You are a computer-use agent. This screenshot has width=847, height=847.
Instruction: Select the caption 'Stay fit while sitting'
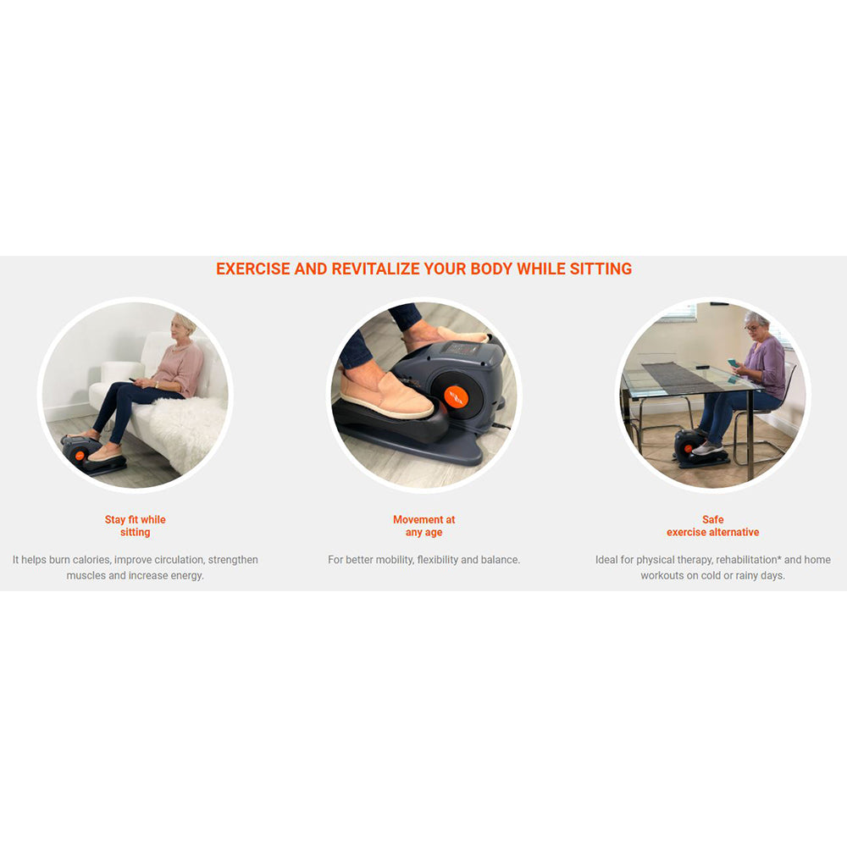point(135,526)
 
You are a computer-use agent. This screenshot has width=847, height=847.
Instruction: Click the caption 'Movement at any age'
point(424,526)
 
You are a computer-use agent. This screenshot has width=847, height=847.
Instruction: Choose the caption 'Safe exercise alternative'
point(712,526)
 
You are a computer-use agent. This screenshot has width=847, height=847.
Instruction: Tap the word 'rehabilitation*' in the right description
point(748,560)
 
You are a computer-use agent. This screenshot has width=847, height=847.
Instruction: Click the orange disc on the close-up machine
point(457,396)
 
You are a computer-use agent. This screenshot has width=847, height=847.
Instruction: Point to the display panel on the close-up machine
point(459,349)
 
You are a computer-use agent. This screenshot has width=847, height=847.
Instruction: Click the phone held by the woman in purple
point(732,363)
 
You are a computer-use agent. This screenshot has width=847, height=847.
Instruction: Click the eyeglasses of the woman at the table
point(751,328)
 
